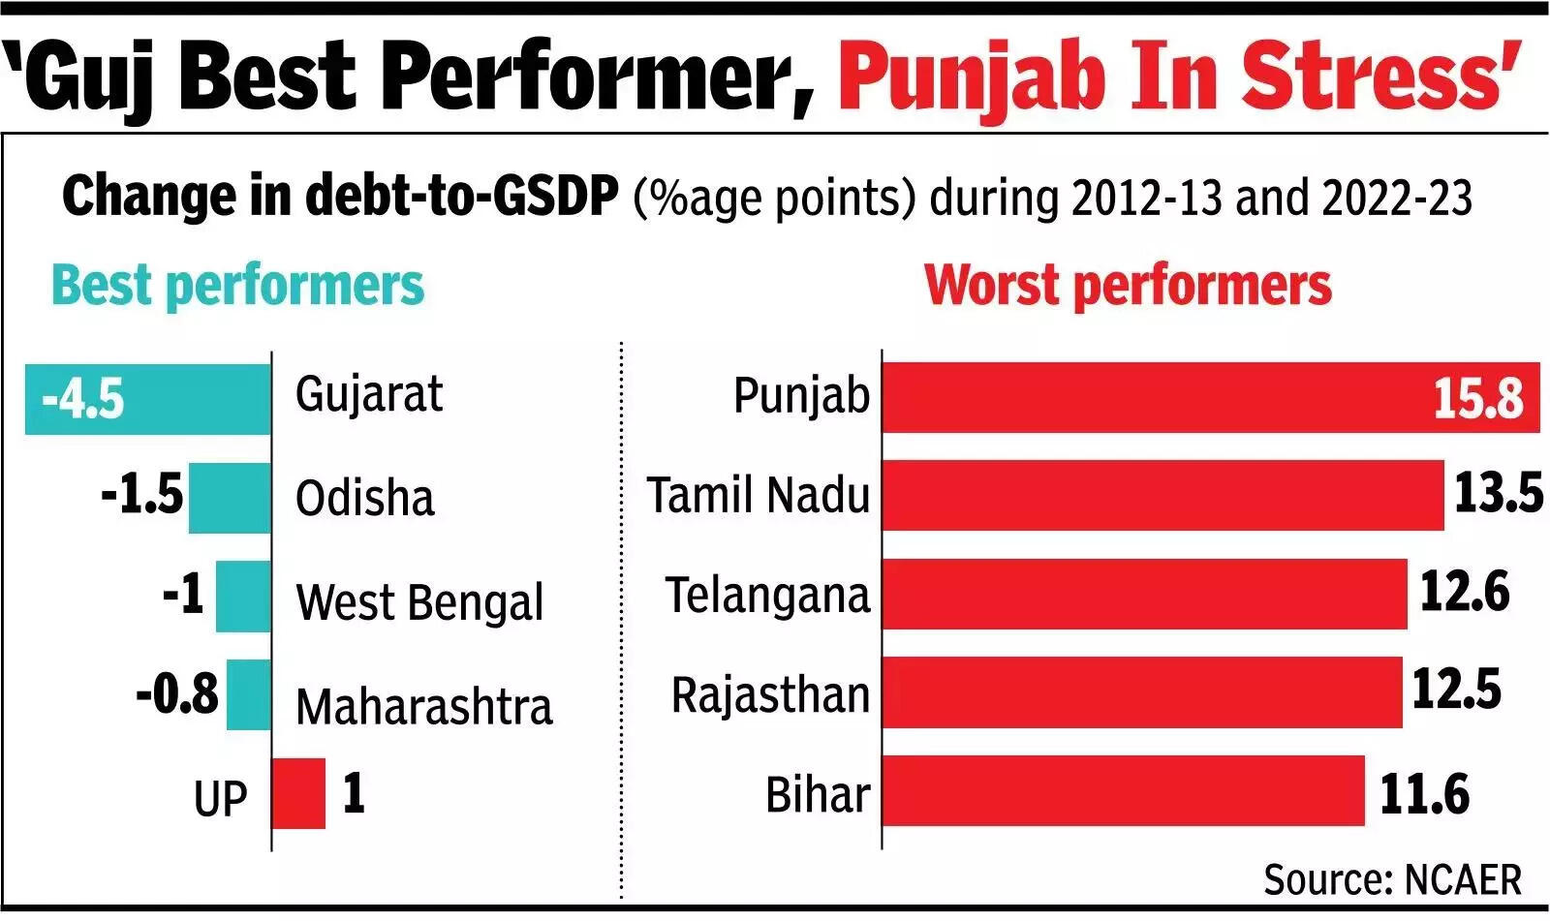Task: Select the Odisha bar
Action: click(x=230, y=497)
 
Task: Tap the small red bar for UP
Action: click(x=298, y=793)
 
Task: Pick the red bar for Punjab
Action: click(x=1153, y=397)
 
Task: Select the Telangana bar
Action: click(x=1143, y=594)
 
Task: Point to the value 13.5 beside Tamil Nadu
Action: click(x=1498, y=493)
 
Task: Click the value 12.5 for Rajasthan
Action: click(x=1456, y=690)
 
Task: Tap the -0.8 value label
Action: click(x=177, y=693)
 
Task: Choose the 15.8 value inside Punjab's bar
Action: click(x=1477, y=398)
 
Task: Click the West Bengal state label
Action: click(x=419, y=601)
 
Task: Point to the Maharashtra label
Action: click(x=423, y=706)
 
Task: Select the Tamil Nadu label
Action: click(x=759, y=495)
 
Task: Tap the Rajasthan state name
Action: click(x=770, y=694)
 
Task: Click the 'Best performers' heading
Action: click(x=237, y=286)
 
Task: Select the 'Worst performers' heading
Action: click(x=1128, y=286)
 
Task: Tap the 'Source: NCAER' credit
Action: click(x=1392, y=879)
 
